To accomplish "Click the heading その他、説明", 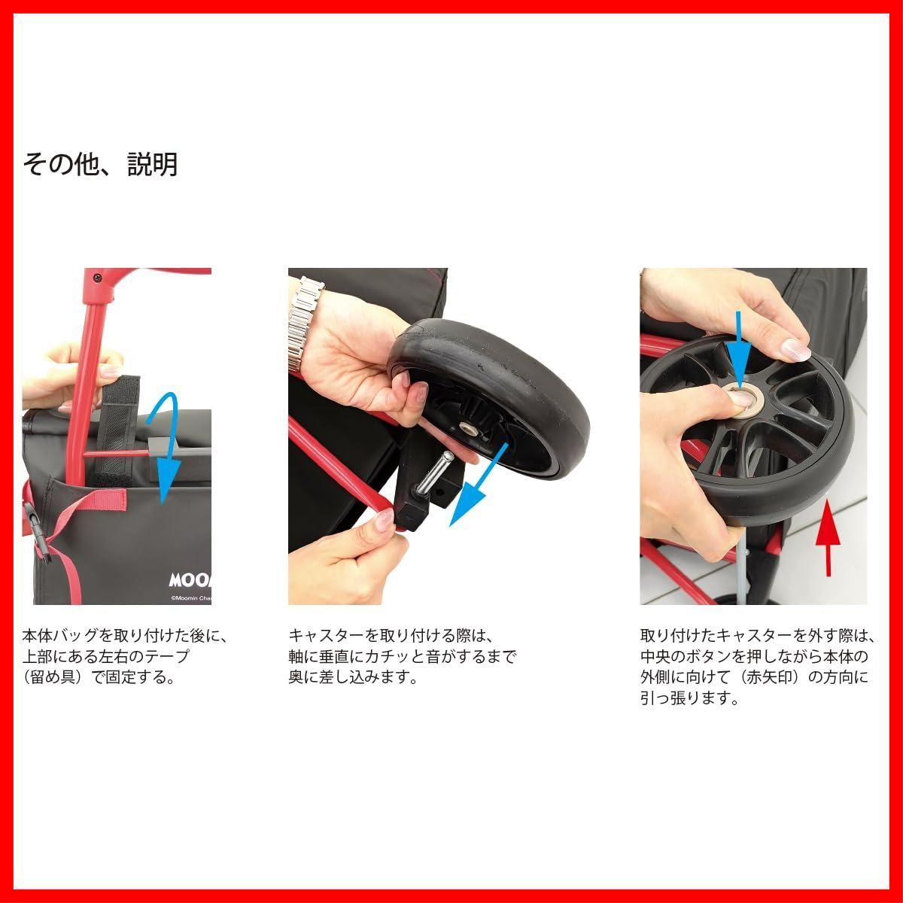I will (x=100, y=164).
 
